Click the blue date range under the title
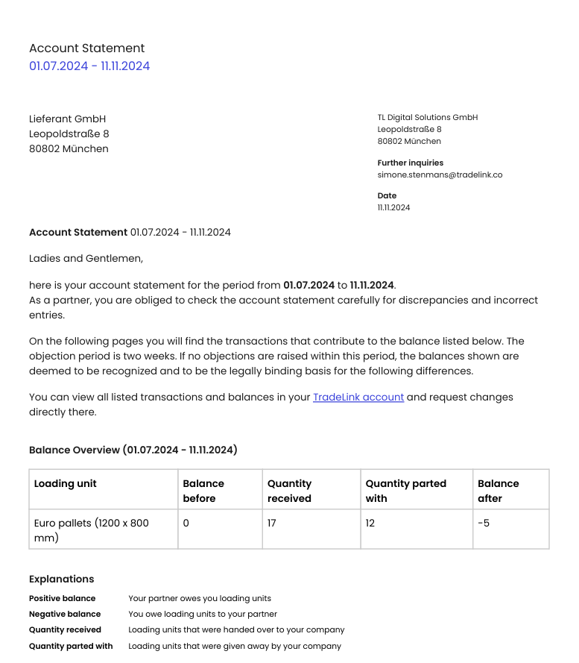[x=89, y=66]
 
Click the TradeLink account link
[x=358, y=397]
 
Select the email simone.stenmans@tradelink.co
[x=440, y=175]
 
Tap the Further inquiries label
[x=410, y=163]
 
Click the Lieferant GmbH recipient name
[x=67, y=119]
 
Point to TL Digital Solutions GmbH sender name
[x=427, y=117]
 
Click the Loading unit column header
[x=66, y=483]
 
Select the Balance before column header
[x=203, y=491]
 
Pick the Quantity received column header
[x=289, y=491]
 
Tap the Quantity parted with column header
[x=405, y=491]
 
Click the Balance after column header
[x=498, y=491]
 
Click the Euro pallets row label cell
[x=92, y=530]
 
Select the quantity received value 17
[x=271, y=523]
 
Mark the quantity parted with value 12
[x=370, y=523]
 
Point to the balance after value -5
[x=484, y=523]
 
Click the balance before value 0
[x=186, y=523]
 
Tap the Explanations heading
[x=61, y=579]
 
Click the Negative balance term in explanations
[x=65, y=614]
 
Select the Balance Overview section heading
[x=133, y=450]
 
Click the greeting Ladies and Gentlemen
[x=86, y=258]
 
